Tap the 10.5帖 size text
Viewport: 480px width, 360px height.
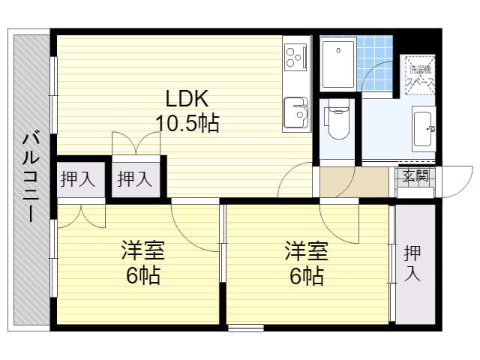click(187, 122)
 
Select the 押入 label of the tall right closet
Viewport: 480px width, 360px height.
click(412, 263)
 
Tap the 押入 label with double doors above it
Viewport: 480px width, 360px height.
click(136, 179)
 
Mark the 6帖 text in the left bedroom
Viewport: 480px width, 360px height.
click(142, 275)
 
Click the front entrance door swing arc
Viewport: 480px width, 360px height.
click(454, 184)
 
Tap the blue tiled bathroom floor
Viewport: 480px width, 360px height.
click(379, 52)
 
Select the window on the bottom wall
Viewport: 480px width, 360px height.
click(246, 327)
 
